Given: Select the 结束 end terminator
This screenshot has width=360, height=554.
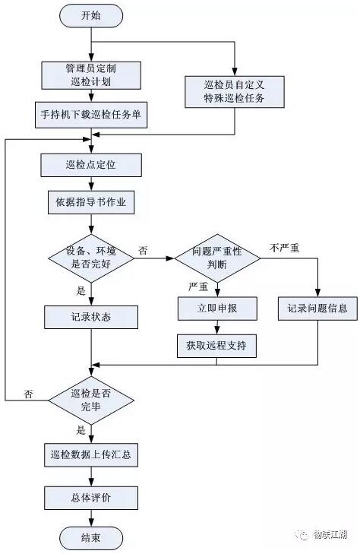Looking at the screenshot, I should pos(90,538).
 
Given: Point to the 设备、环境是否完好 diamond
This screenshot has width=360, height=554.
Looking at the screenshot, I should pos(90,258).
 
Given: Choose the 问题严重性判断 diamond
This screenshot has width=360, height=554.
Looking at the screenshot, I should pos(217,258).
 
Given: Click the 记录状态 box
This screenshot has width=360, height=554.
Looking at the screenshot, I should pos(90,315).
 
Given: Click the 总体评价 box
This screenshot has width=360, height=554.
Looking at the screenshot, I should pos(90,498).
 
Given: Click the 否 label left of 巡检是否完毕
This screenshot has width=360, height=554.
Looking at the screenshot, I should pos(28,393).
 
